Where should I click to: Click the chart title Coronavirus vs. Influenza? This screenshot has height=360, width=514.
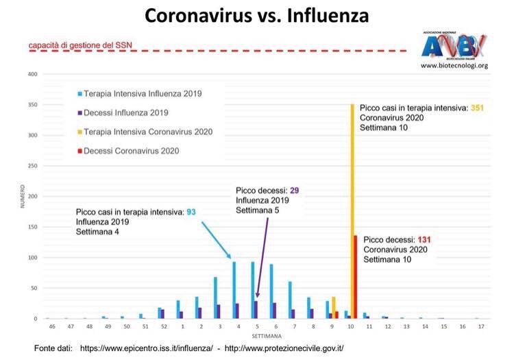(256, 16)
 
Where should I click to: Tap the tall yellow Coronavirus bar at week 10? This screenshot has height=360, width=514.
(352, 206)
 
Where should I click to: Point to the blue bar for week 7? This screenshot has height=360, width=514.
(290, 300)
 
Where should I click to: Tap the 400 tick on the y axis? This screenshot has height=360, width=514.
(32, 74)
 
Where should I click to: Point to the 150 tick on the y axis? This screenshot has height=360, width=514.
(32, 227)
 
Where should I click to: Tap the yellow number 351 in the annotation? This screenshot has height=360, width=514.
(478, 108)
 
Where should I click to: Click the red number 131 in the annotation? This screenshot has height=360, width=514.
(426, 240)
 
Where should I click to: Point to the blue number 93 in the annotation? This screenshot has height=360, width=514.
(191, 213)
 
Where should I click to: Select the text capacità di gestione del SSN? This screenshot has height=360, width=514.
(80, 47)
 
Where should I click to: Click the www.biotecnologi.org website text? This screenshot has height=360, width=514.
(454, 66)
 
